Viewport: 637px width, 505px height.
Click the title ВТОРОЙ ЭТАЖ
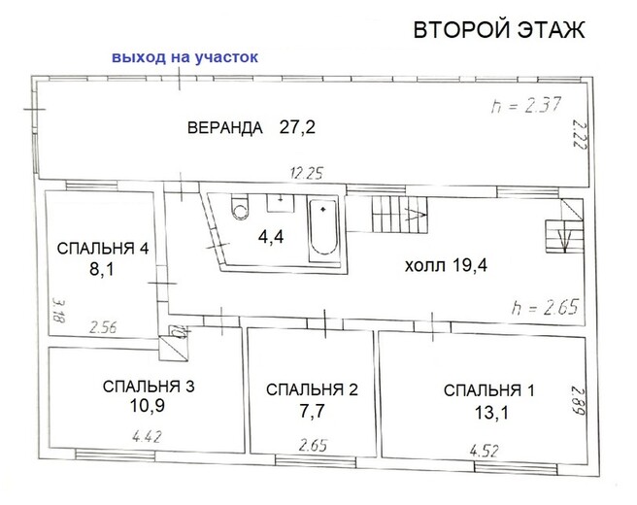[x=499, y=30]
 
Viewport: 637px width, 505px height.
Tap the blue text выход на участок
[x=184, y=57]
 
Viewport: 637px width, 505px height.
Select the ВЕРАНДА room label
[x=225, y=127]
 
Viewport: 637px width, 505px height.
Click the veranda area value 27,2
[x=297, y=127]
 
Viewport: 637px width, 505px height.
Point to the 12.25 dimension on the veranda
[x=307, y=174]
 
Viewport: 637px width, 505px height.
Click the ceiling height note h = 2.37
[x=526, y=105]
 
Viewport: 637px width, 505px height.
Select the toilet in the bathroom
[x=240, y=207]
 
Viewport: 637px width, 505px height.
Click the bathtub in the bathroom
[x=323, y=229]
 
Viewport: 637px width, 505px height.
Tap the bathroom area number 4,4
[x=271, y=236]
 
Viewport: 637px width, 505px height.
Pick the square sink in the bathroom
[x=281, y=203]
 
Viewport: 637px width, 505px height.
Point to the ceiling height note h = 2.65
[x=545, y=308]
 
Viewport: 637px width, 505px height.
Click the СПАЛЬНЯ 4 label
[x=103, y=249]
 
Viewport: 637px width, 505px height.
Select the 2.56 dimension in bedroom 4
[x=103, y=327]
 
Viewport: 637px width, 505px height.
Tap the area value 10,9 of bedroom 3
[x=147, y=406]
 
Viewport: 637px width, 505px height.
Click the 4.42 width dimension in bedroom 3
[x=147, y=437]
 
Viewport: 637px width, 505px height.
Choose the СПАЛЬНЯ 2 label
[x=312, y=389]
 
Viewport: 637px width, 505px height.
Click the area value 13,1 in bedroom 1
[x=491, y=413]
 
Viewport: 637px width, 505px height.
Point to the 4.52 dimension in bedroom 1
[x=485, y=451]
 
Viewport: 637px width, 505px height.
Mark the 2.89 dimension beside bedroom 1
[x=579, y=400]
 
